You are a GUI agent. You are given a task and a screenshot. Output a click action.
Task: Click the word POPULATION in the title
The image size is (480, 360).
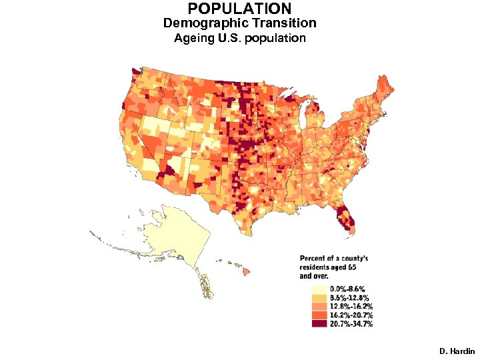(x=239, y=9)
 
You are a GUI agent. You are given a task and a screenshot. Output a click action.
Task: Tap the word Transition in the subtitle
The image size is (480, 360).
(x=281, y=23)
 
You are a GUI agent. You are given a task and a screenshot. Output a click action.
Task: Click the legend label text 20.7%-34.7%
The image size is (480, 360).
(x=351, y=324)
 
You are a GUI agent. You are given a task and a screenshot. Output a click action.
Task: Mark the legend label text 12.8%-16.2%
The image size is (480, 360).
(x=351, y=307)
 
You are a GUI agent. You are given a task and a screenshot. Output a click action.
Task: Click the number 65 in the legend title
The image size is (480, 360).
(x=361, y=266)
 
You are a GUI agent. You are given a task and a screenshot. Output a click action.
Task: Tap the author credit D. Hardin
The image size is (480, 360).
(x=457, y=351)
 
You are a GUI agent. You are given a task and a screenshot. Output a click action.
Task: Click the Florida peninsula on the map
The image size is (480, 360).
(x=347, y=220)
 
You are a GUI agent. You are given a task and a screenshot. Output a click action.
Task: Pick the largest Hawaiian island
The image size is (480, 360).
(x=245, y=271)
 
